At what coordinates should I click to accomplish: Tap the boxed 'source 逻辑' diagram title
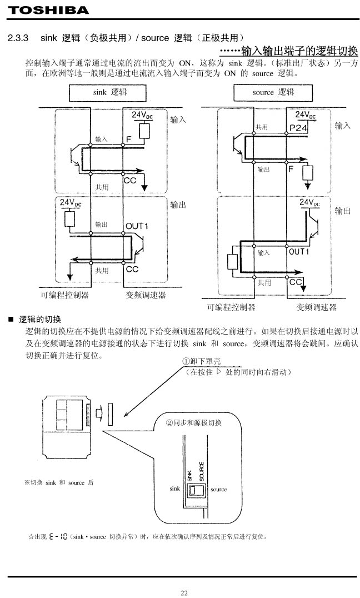(x=273, y=92)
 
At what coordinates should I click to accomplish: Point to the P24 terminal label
(x=298, y=128)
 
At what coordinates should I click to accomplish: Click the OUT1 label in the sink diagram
(x=137, y=226)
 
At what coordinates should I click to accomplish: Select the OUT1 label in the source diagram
(x=299, y=252)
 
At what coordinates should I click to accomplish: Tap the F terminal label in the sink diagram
(x=128, y=139)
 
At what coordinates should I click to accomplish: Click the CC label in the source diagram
(x=296, y=282)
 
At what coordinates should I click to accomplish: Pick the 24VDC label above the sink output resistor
(x=71, y=203)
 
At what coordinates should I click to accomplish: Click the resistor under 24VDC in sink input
(x=144, y=131)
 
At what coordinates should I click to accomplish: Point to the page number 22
(x=184, y=592)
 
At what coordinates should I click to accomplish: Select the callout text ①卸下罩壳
(x=201, y=361)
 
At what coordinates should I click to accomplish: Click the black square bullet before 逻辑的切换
(x=11, y=320)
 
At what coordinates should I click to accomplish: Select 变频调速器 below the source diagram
(x=316, y=307)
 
